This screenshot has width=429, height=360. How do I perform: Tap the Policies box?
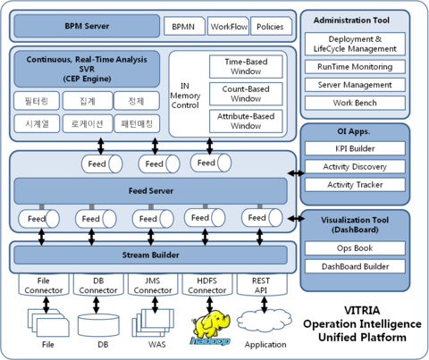coord(271,27)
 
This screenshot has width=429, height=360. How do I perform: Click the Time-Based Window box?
coord(245,65)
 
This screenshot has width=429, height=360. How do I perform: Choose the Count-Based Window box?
coord(245,94)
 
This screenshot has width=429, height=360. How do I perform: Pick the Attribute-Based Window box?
coord(245,121)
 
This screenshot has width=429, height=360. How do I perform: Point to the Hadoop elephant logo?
coord(210,327)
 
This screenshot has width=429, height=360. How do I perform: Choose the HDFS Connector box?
coord(207,285)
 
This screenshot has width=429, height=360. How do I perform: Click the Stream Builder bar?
coord(150,255)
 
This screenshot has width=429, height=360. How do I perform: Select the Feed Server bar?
coord(150,190)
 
